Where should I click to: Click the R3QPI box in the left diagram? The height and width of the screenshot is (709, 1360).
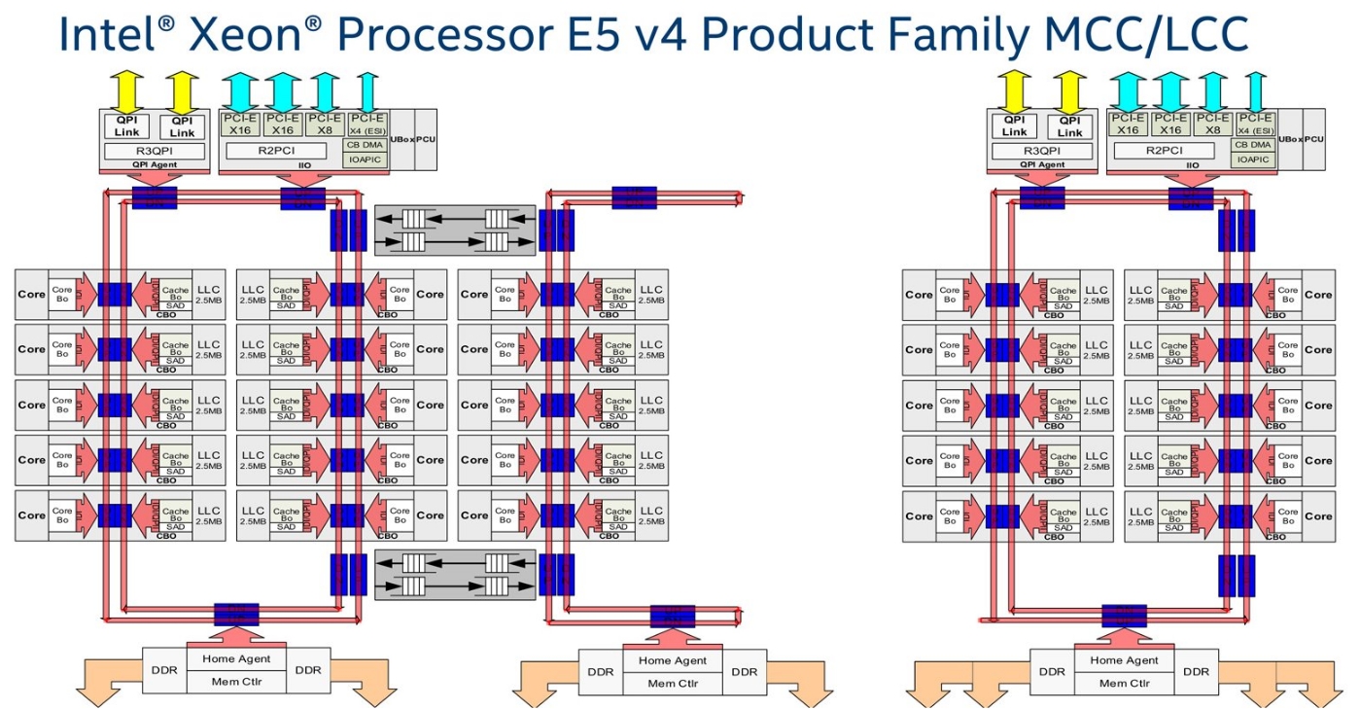155,151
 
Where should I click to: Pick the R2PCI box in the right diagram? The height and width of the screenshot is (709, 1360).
1164,151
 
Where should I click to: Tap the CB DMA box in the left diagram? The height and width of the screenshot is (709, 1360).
366,144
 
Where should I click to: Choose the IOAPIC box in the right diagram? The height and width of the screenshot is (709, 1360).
1254,159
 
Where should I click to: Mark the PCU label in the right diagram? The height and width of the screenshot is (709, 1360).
1313,139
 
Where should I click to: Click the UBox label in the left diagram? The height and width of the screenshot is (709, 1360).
401,139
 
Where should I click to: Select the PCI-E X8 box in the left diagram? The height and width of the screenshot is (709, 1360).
324,124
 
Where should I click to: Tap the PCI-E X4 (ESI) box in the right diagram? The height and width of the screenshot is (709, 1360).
1256,124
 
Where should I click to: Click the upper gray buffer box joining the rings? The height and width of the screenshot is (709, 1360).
455,230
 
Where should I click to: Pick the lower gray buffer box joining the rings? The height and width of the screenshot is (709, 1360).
455,574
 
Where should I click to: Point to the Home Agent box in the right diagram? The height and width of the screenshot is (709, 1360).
1125,660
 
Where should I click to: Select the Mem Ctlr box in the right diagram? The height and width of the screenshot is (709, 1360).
1125,683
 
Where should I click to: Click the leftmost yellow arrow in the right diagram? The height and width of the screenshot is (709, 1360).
1014,91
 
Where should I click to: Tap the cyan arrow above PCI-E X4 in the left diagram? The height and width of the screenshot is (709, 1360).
367,91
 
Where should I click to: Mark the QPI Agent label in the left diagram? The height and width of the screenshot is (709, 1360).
155,165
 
